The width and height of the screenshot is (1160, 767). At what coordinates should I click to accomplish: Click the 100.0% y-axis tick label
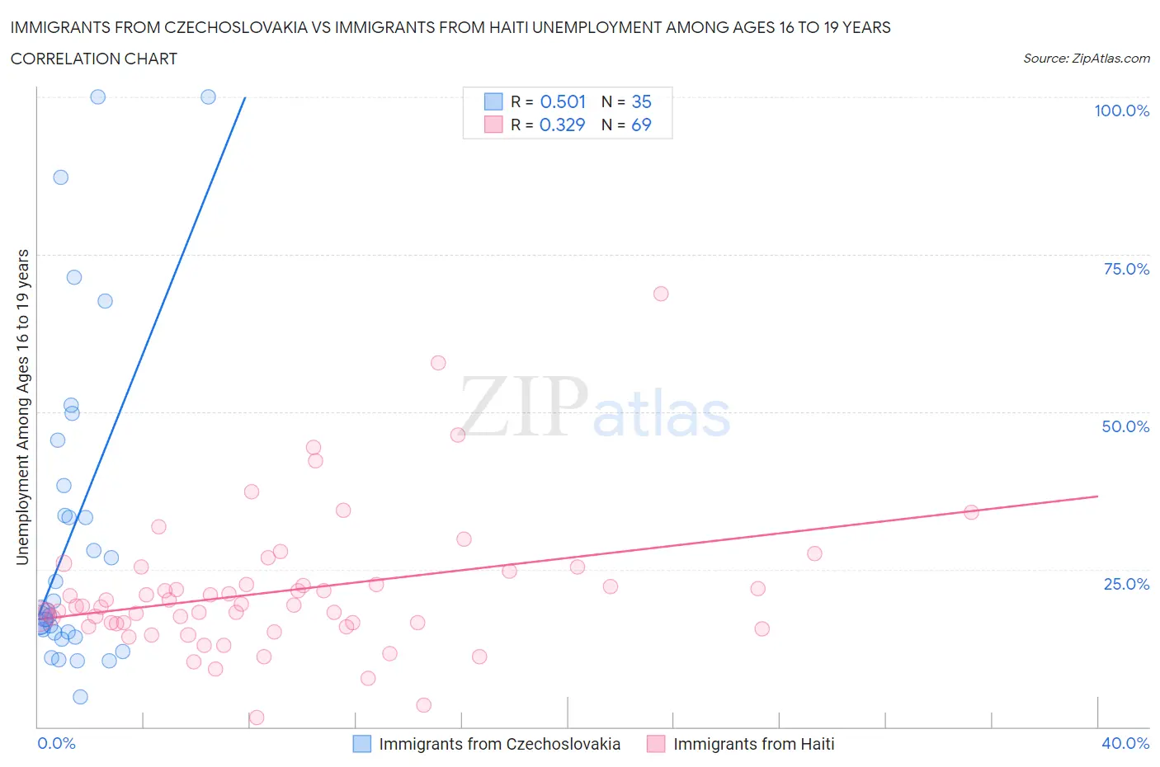click(1121, 111)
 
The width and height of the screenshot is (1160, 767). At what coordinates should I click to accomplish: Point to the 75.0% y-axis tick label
click(1125, 269)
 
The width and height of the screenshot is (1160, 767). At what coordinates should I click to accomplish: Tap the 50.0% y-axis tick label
click(1125, 426)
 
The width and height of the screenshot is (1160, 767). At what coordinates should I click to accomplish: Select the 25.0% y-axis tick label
click(1125, 584)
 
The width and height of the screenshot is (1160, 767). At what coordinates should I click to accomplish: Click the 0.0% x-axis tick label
click(56, 743)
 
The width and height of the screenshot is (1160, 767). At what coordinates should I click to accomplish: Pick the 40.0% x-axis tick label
click(1125, 743)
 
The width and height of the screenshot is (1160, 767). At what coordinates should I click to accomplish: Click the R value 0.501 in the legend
click(563, 101)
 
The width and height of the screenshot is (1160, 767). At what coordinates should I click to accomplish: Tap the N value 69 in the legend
click(641, 125)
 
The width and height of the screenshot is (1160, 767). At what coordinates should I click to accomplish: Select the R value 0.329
click(562, 125)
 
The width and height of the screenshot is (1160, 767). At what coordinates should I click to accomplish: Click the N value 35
click(641, 101)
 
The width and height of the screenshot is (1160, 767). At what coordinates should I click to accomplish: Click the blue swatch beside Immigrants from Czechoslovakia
click(362, 744)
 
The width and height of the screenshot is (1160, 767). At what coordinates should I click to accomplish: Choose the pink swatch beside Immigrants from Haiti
click(656, 744)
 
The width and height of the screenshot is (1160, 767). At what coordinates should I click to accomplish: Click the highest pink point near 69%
click(661, 294)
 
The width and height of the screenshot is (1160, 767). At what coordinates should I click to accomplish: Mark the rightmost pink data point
click(971, 512)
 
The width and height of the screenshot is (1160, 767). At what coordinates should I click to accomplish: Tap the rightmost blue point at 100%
click(209, 96)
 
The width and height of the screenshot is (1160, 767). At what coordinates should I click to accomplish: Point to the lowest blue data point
click(80, 697)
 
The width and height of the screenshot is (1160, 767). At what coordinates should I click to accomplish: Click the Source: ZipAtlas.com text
click(1086, 58)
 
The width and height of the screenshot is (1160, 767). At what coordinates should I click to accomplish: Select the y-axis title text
click(22, 407)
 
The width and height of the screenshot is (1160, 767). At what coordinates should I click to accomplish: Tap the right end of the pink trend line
click(1097, 496)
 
